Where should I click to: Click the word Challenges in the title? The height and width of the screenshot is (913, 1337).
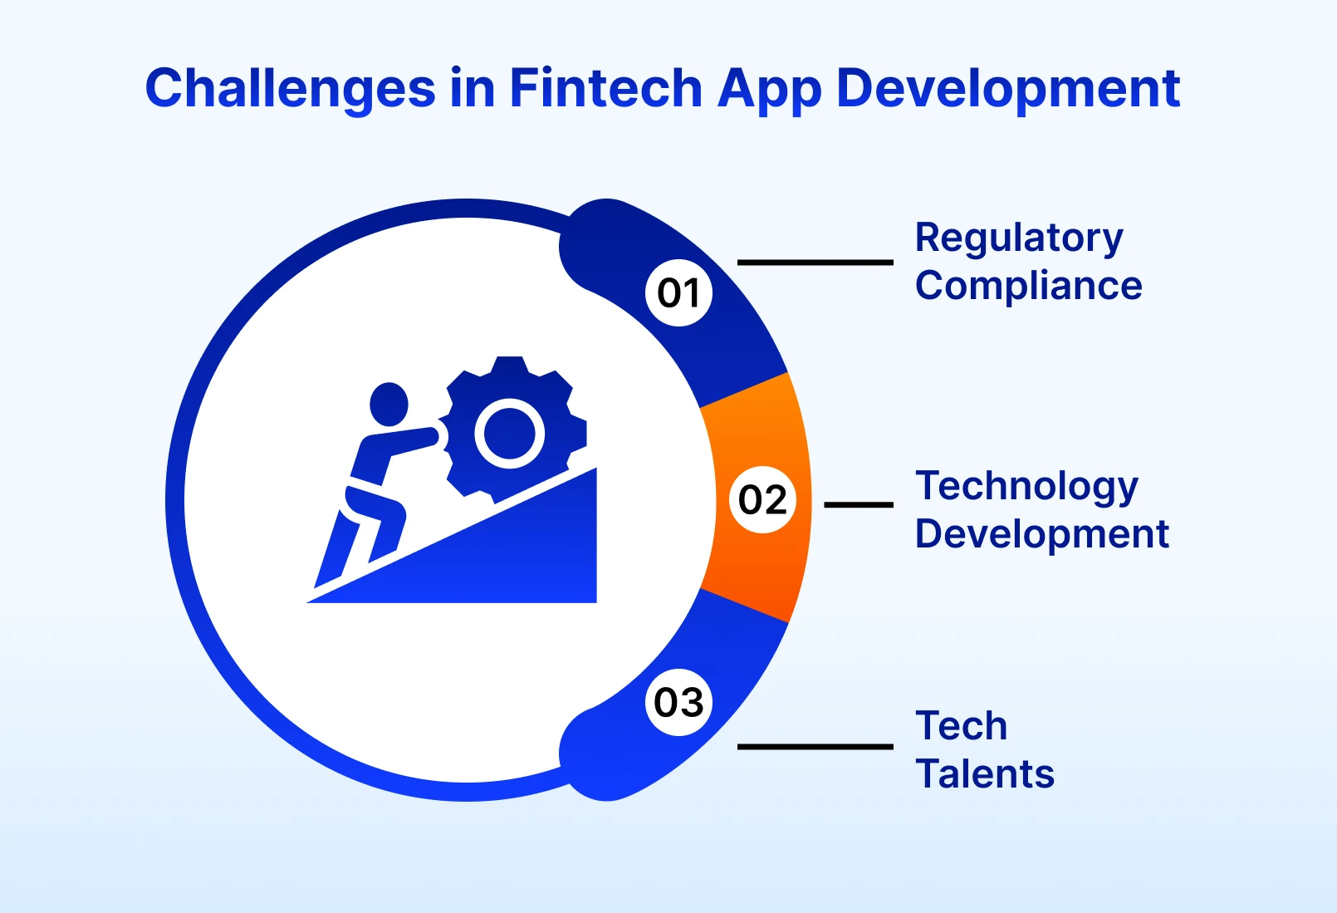pos(290,88)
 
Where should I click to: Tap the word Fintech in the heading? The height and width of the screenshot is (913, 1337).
pos(605,88)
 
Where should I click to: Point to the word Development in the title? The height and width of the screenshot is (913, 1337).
pos(1007,88)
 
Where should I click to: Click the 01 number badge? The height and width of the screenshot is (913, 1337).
pos(678,292)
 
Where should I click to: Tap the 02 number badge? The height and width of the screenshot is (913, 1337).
pos(762,499)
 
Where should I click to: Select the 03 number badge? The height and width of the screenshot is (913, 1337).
pos(678,703)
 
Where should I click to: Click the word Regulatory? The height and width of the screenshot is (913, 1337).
pos(1018,238)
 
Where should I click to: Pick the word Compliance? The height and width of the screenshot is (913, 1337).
pos(1028,286)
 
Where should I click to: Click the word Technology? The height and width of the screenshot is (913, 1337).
pos(1026,486)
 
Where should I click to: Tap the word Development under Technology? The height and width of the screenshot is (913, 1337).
pos(1041,534)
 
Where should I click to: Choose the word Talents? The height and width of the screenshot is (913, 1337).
pos(984,773)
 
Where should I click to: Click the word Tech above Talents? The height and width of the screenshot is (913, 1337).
pos(961,726)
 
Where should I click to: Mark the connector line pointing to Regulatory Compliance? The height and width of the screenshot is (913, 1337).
pos(815,263)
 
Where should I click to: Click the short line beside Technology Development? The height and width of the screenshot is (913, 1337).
pos(858,504)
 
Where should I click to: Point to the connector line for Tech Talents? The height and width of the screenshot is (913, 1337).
pos(815,747)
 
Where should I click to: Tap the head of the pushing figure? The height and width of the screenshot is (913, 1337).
pos(389,405)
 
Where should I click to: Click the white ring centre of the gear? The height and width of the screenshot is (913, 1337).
pos(509,433)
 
